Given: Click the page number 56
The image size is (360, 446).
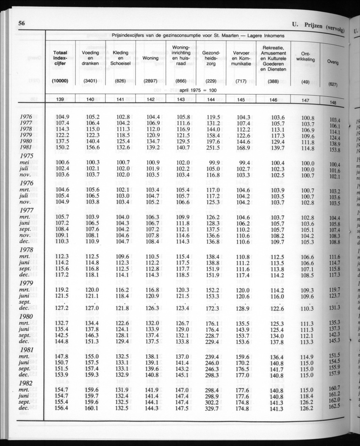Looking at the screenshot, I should pyautogui.click(x=20, y=24).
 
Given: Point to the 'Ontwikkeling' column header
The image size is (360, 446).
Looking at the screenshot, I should pyautogui.click(x=305, y=57).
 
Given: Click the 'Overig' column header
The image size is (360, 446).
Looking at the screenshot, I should pyautogui.click(x=332, y=62).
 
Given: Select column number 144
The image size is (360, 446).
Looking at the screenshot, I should pyautogui.click(x=211, y=100).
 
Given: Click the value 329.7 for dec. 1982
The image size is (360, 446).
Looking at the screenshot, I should pyautogui.click(x=212, y=407).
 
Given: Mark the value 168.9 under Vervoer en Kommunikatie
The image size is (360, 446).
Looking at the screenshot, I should pyautogui.click(x=244, y=148).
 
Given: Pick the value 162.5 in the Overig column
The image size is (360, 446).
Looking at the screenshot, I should pyautogui.click(x=334, y=406).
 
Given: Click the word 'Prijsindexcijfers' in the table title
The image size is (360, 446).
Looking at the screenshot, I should pyautogui.click(x=133, y=36).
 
